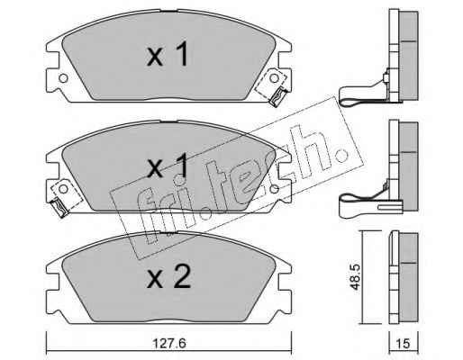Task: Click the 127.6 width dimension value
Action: pyautogui.click(x=169, y=344)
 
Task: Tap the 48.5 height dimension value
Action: pyautogui.click(x=356, y=277)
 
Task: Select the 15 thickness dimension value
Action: pyautogui.click(x=404, y=344)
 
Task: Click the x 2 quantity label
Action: pyautogui.click(x=168, y=277)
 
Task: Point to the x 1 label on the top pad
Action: pyautogui.click(x=168, y=54)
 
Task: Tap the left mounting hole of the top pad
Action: pyautogui.click(x=63, y=78)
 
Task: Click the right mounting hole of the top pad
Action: pyautogui.click(x=274, y=78)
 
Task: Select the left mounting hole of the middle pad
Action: pyautogui.click(x=63, y=189)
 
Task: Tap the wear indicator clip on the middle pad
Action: pyautogui.click(x=59, y=208)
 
